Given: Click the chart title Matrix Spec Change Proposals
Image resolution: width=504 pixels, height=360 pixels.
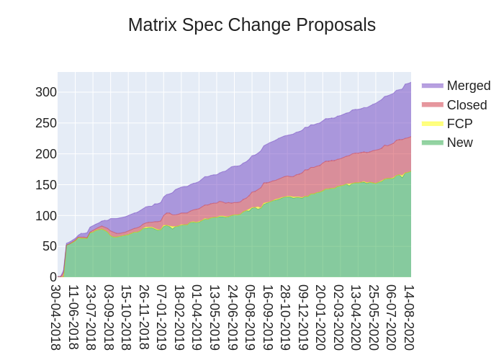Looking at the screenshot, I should (x=252, y=24).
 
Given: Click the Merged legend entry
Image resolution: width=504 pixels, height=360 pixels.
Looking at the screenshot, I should (x=468, y=86).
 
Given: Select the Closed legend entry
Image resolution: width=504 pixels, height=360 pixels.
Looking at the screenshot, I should (x=467, y=105).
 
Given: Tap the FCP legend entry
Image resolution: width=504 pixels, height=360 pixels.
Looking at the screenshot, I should (x=459, y=124).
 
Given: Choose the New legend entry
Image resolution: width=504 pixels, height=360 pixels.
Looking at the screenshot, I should (x=459, y=143).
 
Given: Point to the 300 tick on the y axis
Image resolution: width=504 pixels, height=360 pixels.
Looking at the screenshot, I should (x=45, y=92).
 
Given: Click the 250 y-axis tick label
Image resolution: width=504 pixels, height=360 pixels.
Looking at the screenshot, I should (x=45, y=123).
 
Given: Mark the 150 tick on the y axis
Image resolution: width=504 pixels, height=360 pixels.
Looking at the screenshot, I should (x=45, y=185).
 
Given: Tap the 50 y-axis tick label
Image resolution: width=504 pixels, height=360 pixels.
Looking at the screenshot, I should (x=49, y=246).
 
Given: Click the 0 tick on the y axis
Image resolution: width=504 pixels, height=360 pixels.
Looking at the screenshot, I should (x=53, y=277).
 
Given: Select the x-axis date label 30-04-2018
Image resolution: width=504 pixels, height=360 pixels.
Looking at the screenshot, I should (x=57, y=317).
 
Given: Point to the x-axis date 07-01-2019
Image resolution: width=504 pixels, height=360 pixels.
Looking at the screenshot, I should (x=163, y=317).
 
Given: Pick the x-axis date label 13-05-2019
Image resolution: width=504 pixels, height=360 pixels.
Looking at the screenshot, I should (x=215, y=317).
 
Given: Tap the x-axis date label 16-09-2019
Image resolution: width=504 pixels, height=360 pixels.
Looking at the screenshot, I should (x=269, y=317).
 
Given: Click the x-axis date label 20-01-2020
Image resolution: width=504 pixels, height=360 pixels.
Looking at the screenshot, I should (x=321, y=317).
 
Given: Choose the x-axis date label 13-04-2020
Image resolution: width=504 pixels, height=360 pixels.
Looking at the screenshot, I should (x=356, y=317).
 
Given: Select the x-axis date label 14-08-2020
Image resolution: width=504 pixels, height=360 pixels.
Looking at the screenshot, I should (x=409, y=317).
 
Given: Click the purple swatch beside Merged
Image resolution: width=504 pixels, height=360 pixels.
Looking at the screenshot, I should (x=432, y=86).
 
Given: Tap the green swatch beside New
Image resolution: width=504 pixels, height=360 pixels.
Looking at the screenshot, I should (x=432, y=143).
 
